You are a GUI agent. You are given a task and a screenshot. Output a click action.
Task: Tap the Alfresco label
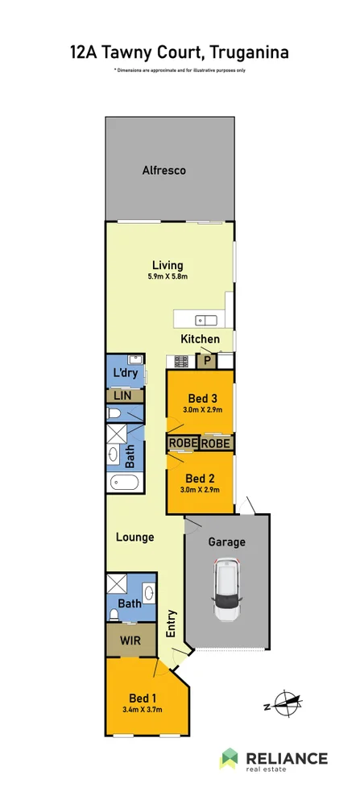[164, 171]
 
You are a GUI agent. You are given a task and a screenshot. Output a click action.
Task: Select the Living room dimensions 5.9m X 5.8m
[168, 277]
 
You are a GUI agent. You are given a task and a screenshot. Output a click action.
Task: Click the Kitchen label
[200, 339]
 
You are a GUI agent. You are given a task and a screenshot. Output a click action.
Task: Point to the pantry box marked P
[207, 361]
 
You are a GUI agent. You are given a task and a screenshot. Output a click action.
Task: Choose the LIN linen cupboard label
[123, 396]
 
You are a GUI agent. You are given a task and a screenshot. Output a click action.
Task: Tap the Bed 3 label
[202, 399]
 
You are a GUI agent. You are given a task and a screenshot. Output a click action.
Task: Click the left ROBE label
[182, 443]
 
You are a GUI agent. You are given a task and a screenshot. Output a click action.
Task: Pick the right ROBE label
[216, 443]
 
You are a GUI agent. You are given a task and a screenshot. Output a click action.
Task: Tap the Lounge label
[134, 537]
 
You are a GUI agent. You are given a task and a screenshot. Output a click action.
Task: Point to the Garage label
[226, 542]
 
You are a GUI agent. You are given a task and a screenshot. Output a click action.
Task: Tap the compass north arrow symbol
[283, 703]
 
